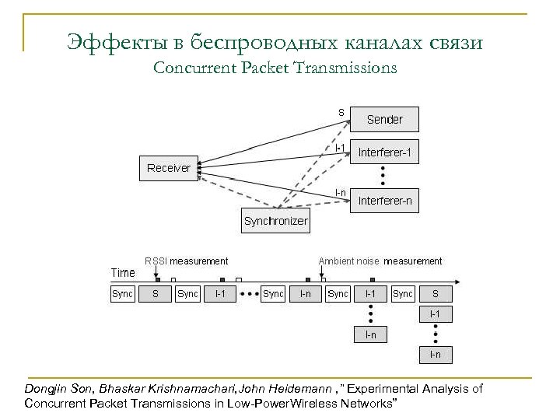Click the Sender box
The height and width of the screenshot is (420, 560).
click(384, 119)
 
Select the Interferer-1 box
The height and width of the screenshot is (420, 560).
click(384, 153)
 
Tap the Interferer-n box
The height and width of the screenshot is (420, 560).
click(384, 201)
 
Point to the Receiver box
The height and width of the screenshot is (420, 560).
click(169, 168)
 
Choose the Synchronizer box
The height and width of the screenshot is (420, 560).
click(275, 221)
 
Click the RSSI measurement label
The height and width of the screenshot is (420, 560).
click(187, 261)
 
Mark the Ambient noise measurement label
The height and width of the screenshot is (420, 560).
click(380, 261)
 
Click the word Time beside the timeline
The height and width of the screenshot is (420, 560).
click(123, 273)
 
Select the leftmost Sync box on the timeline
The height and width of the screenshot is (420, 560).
click(122, 294)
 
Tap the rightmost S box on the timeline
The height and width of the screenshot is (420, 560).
click(435, 294)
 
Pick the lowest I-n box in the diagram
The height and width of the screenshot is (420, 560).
click(435, 355)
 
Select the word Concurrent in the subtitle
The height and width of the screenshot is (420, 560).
click(190, 68)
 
